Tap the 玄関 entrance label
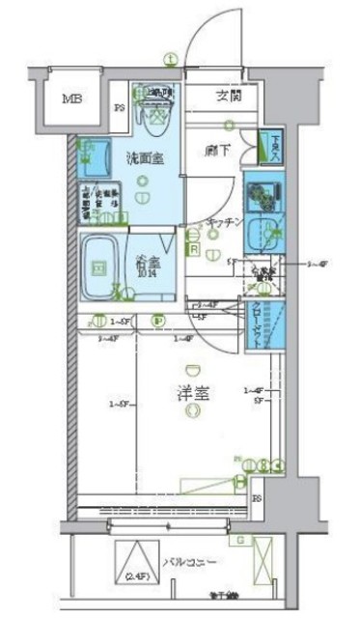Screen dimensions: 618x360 pos(229,95)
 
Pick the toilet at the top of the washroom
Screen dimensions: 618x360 pos(155,112)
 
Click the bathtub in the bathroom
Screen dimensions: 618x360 pos(99,263)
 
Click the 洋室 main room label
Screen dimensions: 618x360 pos(193,394)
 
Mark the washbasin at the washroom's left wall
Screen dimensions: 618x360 pos(95,154)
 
